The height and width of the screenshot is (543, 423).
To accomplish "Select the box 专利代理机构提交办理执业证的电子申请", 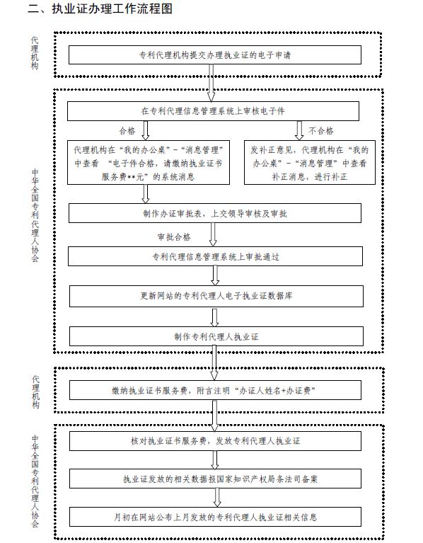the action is pos(215,55).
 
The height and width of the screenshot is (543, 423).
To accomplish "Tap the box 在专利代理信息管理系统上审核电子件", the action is pos(213,111).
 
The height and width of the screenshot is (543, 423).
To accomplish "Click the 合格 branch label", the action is pos(127,131).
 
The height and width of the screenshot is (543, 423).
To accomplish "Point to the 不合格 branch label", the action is pos(321,131).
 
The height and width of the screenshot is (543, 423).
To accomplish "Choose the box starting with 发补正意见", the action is pos(310,162).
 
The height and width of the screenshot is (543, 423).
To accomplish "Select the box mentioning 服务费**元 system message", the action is pos(149,162).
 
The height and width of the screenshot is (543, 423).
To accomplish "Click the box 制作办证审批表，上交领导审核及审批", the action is pos(215,213).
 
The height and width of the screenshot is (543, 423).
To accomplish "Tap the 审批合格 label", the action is pos(174,237).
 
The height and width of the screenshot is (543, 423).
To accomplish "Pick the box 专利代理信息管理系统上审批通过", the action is pos(215,256).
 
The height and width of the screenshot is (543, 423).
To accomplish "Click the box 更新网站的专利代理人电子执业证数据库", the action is pos(216,296).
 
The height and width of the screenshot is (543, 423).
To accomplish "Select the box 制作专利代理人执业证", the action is pos(216,336).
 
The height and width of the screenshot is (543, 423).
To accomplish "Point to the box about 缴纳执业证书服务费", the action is pos(215,390).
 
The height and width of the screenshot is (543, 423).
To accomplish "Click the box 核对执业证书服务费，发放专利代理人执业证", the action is pos(215,441).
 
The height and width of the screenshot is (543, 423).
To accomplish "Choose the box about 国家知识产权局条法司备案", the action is pos(215,479).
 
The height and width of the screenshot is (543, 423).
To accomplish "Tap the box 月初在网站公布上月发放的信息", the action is pos(215,517).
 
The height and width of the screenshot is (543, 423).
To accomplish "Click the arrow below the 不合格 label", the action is pos(299,130).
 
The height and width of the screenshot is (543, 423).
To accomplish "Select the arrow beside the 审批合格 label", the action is pos(213,234).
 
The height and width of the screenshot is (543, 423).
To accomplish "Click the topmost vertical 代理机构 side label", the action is pos(35,53).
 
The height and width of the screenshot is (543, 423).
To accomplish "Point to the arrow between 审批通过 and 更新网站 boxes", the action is pos(215,275).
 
